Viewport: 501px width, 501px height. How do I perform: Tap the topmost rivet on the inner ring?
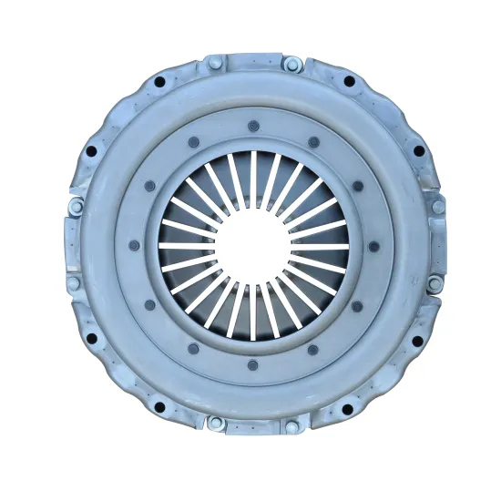252,126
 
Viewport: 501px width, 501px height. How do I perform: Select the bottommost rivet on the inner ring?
252,366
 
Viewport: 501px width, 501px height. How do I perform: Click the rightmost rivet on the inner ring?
373,246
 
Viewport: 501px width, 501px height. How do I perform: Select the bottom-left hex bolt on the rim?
215,423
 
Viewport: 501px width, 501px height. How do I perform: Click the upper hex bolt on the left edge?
75,207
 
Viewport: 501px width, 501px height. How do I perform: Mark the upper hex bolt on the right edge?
438,207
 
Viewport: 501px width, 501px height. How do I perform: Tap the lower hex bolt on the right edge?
437,283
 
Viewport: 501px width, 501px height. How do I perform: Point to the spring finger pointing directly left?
185,246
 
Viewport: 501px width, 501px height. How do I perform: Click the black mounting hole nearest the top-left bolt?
159,83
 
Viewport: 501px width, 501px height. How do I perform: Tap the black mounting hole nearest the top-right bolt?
349,82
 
